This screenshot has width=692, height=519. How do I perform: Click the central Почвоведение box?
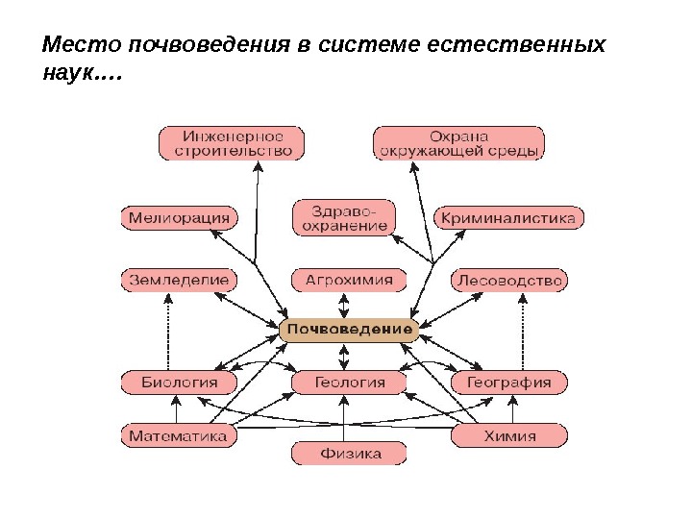coord(349,330)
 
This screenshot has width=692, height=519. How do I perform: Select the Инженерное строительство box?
coord(232,143)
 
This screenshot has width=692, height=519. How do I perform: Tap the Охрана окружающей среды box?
coord(459,143)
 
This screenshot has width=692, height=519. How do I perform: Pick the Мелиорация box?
coord(179,217)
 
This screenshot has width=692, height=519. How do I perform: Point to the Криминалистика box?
coord(508,218)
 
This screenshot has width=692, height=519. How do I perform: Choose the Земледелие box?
coord(179,281)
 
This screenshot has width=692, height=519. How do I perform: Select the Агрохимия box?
coord(349,281)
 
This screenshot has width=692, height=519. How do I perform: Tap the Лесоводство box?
coord(508,281)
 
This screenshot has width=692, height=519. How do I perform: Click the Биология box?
coord(180,383)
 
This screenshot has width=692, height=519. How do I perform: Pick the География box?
coord(508,383)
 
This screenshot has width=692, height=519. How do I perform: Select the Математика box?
coord(179,435)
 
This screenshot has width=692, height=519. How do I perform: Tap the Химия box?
coord(508,435)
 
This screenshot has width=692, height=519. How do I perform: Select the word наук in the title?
coord(67,72)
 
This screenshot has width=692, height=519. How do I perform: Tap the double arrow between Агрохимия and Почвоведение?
coord(343,306)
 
